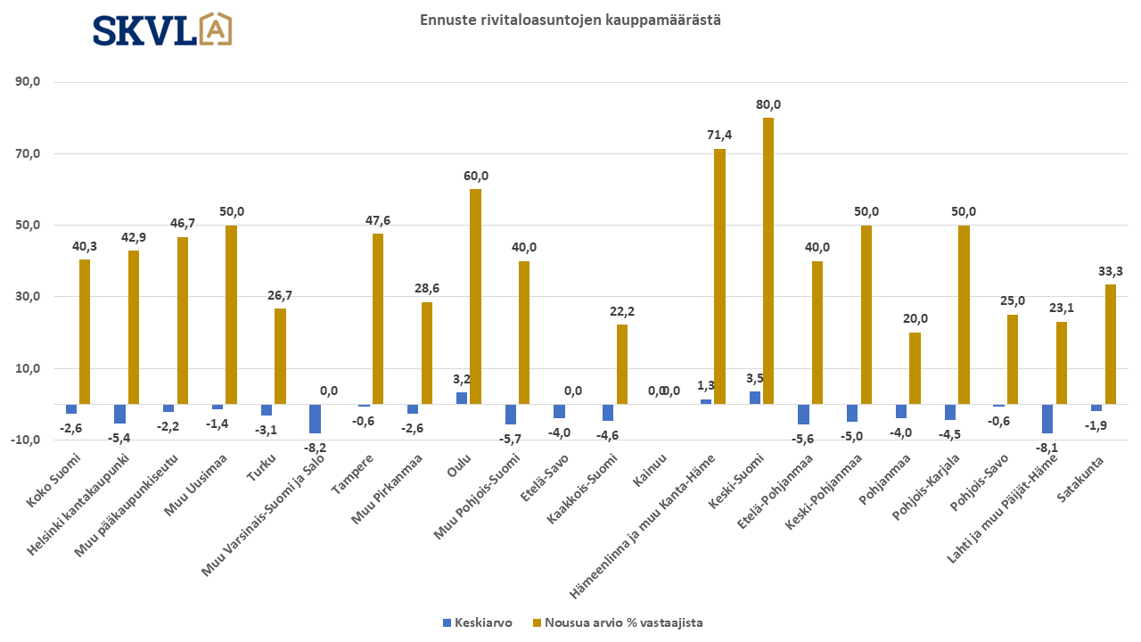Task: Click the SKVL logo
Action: click(x=162, y=29)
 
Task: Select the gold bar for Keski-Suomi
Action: click(x=768, y=260)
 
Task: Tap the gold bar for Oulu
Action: click(x=475, y=296)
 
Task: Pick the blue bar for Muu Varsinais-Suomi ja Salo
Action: click(x=315, y=418)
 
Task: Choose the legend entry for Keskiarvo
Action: click(x=477, y=622)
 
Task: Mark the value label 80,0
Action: click(x=768, y=104)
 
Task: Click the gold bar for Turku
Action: click(x=280, y=356)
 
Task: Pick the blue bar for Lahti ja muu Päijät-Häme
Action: click(x=1047, y=418)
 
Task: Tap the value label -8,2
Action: click(x=315, y=447)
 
